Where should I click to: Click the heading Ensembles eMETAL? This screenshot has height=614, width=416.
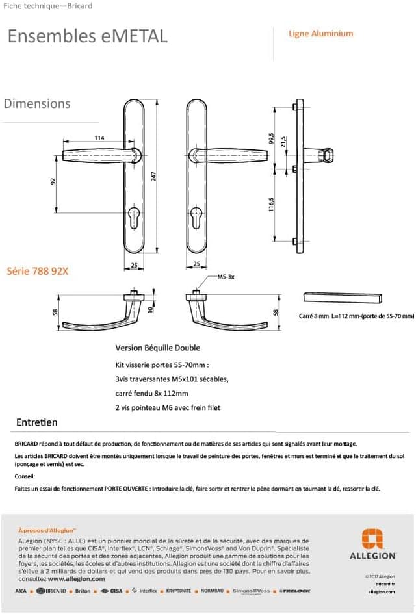click(87, 36)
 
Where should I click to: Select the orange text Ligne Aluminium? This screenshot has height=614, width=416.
click(321, 34)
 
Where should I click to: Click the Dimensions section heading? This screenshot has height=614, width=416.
click(37, 103)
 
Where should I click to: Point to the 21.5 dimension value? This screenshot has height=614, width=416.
click(283, 142)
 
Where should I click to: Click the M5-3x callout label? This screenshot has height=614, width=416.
click(226, 277)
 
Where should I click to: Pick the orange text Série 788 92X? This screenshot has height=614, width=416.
click(37, 271)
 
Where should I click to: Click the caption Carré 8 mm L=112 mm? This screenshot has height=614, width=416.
click(356, 316)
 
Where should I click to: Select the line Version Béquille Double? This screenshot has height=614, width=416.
click(157, 348)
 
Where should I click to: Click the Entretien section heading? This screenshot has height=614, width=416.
click(37, 422)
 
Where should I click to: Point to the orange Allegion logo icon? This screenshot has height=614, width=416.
click(372, 539)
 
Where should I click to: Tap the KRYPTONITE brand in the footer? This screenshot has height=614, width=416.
click(179, 591)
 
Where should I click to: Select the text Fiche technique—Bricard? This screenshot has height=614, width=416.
click(48, 6)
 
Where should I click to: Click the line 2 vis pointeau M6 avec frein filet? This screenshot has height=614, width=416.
click(168, 407)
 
